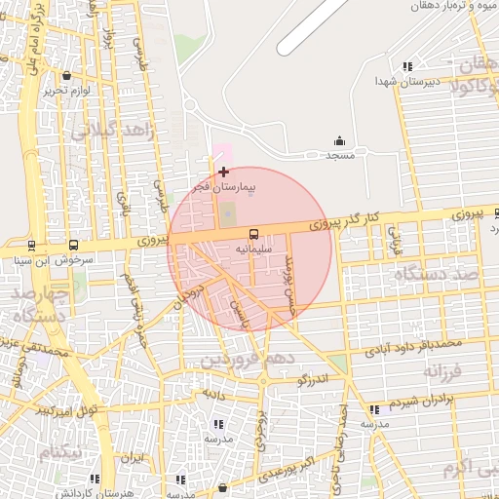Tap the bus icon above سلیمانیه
[x=253, y=234]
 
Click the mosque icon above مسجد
[x=339, y=140]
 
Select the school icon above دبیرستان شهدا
[x=406, y=66]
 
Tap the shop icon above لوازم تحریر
[x=66, y=76]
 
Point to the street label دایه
[x=212, y=393]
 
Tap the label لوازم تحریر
[x=65, y=91]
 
